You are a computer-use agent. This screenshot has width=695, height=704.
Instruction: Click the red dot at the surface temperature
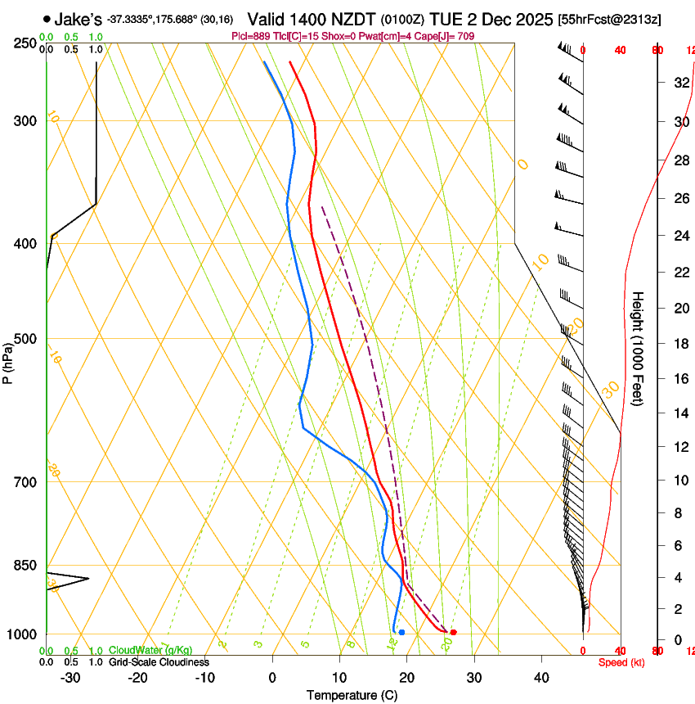click(453, 632)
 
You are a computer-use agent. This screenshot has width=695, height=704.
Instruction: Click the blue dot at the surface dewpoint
click(401, 632)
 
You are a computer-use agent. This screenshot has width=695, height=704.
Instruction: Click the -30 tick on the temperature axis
click(70, 678)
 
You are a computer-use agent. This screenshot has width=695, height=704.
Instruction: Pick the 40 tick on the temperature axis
click(540, 678)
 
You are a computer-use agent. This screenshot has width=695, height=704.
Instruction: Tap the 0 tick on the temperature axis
click(272, 678)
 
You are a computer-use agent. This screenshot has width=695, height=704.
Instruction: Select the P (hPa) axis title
click(8, 359)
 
